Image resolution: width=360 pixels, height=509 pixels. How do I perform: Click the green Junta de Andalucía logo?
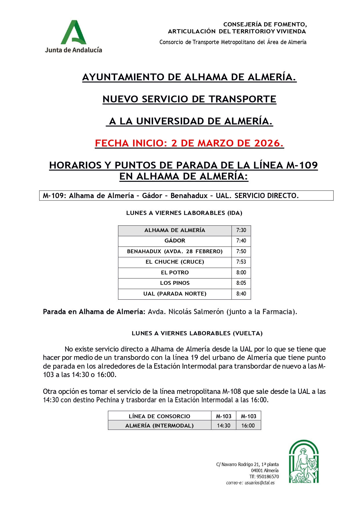coord(73,36)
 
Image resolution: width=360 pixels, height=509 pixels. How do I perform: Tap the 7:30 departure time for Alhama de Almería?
coord(241,230)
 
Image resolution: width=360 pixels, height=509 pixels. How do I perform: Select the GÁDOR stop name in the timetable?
coord(175,241)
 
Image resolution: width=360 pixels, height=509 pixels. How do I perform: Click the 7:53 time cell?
coord(241,262)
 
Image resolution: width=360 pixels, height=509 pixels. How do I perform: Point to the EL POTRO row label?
coord(175,273)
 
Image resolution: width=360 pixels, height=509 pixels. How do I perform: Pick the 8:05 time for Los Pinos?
coord(241,283)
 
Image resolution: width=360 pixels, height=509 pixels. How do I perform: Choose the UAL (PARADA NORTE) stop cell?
coord(175,294)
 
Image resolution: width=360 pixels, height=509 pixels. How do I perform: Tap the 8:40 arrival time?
coord(241,294)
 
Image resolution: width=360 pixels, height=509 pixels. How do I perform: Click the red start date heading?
coord(189,143)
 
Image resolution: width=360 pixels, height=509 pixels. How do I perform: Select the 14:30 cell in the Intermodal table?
coord(224,425)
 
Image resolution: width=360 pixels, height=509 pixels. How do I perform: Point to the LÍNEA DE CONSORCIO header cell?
coord(159,416)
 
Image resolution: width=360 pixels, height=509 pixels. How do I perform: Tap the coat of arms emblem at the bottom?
coord(304,461)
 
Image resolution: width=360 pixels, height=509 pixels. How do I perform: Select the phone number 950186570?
coord(268,477)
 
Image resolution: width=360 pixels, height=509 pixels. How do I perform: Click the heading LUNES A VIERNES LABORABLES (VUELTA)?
coord(197,333)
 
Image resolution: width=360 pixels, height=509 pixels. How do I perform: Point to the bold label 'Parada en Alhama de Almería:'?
coord(94,312)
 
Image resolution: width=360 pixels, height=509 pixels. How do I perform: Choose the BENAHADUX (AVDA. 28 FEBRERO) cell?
coord(175,251)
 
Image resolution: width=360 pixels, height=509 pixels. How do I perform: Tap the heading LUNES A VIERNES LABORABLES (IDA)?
coord(184,213)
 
